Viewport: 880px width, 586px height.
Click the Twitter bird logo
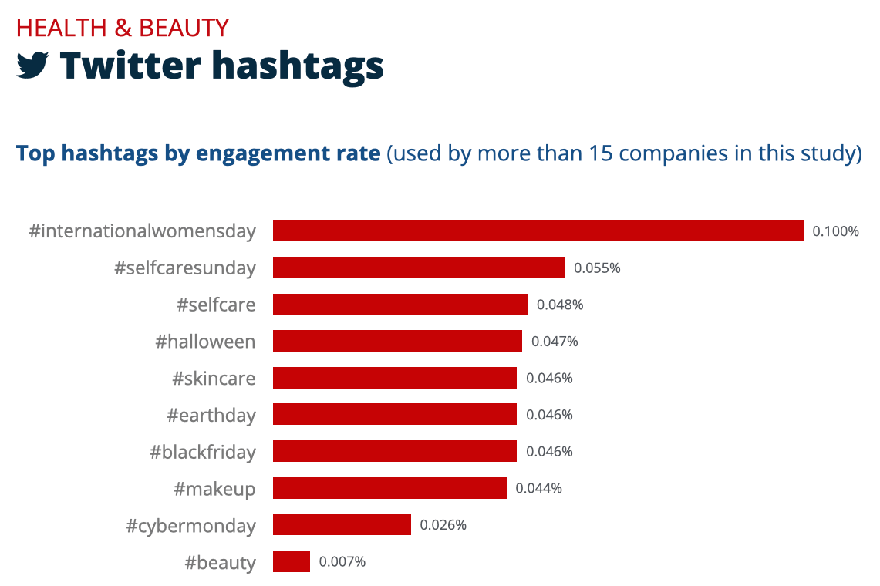click(33, 66)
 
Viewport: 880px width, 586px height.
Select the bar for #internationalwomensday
click(538, 231)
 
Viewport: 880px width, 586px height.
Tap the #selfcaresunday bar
click(419, 268)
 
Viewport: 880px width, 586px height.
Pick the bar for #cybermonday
click(342, 525)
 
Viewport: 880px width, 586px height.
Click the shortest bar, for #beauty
click(292, 561)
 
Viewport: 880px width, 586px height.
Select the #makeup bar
click(389, 488)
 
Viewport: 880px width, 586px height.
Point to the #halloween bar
click(397, 341)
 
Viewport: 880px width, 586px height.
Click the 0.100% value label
click(835, 231)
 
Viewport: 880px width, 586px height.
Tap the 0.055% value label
click(597, 268)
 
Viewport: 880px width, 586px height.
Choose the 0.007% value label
click(342, 561)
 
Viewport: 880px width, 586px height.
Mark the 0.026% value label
click(443, 525)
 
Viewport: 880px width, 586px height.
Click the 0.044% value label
click(538, 488)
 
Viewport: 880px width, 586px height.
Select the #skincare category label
click(214, 379)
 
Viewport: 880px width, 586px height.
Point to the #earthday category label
click(211, 416)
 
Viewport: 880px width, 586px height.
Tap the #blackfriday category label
click(202, 452)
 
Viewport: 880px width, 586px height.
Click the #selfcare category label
click(216, 305)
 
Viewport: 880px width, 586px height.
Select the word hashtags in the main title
click(298, 66)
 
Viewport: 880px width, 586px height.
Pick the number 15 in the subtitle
click(601, 153)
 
